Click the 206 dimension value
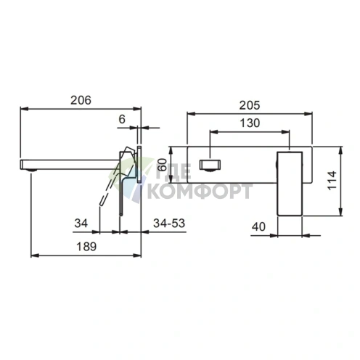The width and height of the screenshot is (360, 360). tap(81, 100)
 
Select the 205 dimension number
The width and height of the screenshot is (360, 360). tap(250, 105)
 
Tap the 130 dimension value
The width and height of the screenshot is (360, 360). tap(250, 123)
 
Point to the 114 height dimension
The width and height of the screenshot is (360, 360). tap(332, 180)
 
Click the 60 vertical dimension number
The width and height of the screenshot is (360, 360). tap(162, 165)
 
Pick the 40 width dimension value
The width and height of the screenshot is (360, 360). tap(258, 226)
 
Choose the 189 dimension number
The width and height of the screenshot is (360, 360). tap(86, 247)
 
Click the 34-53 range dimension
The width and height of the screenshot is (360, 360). tap(169, 223)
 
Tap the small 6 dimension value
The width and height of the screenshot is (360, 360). tap(122, 119)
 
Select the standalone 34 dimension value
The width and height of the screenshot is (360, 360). tap(81, 223)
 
